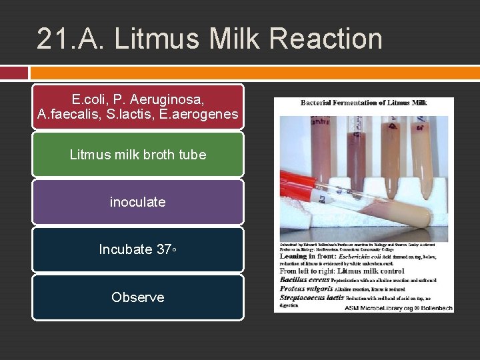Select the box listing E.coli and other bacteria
point(138,107)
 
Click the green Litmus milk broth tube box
point(138,155)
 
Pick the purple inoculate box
point(138,202)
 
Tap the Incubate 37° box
point(138,249)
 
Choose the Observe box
point(138,297)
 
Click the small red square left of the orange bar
point(14,72)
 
